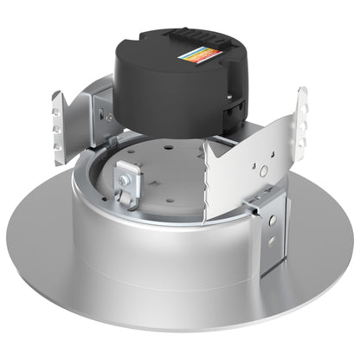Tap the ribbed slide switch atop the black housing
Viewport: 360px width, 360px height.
(x=184, y=32)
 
